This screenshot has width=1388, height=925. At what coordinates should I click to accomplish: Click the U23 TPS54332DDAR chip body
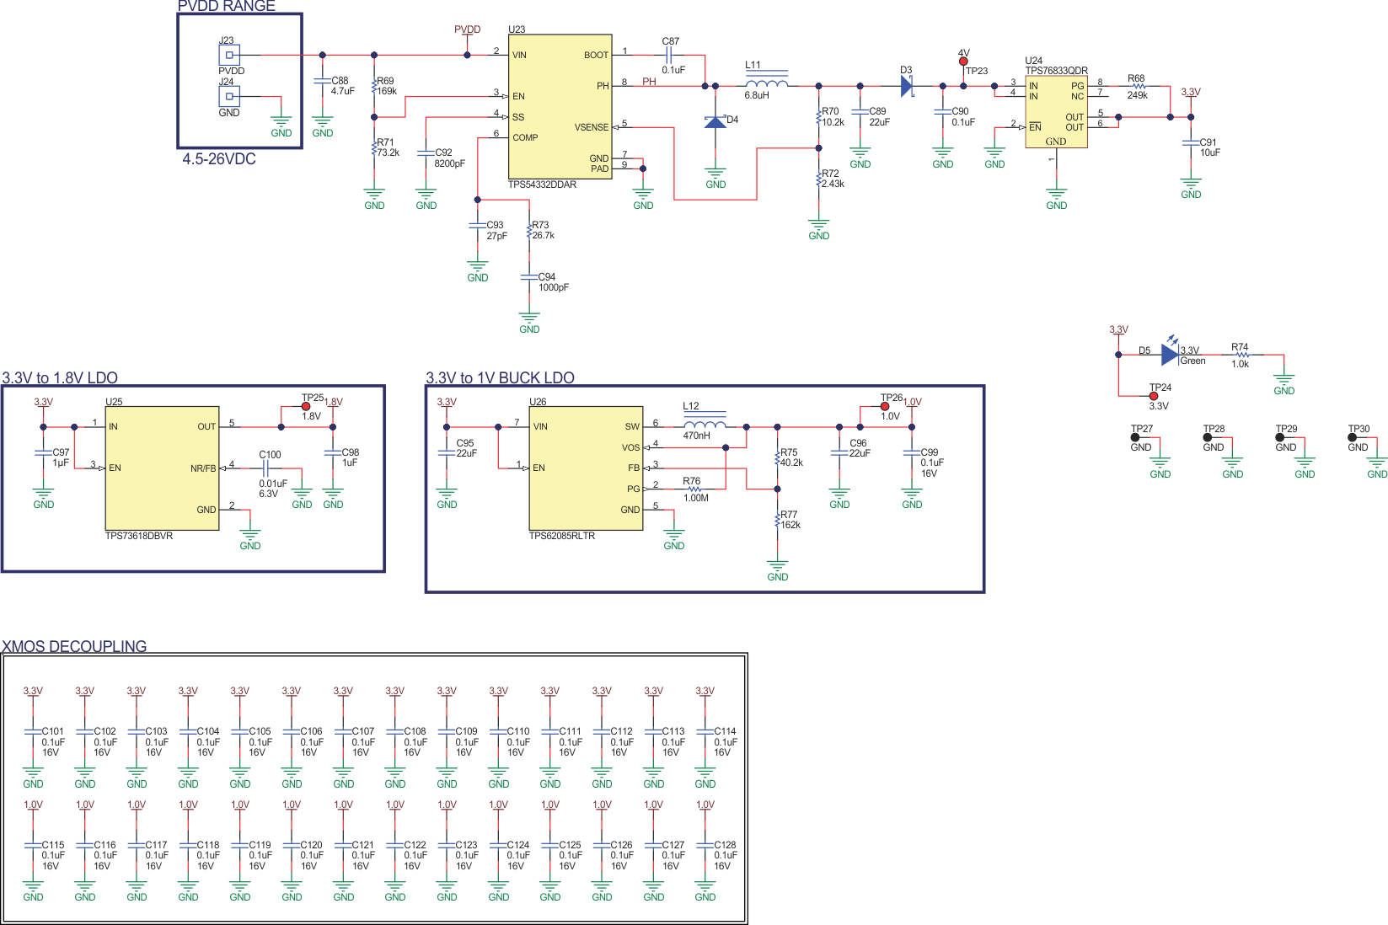[560, 105]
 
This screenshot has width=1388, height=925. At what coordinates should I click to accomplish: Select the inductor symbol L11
[766, 83]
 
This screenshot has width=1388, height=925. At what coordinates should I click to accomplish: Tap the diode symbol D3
[907, 86]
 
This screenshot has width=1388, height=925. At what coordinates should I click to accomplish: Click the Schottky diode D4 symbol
[715, 122]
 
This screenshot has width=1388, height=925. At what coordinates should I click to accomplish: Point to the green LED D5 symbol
[1170, 355]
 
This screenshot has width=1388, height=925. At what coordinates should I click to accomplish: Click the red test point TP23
[963, 61]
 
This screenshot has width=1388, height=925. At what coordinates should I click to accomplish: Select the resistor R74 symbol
[1241, 355]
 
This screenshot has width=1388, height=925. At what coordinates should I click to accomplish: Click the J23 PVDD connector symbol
[229, 55]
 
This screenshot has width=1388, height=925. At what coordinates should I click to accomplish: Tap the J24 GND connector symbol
[229, 96]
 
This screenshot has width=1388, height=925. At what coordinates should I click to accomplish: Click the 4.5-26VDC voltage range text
[219, 159]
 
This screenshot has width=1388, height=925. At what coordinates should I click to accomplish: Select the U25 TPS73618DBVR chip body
[162, 468]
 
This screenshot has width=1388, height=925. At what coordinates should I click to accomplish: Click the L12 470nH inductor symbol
[705, 425]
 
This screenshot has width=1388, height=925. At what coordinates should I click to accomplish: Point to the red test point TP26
[885, 407]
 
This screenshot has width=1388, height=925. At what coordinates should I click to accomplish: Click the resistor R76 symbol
[694, 489]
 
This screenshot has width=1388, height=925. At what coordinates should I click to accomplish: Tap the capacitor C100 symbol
[270, 468]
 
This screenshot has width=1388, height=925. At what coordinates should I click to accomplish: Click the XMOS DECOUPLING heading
[74, 646]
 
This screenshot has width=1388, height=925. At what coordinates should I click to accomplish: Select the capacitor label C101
[53, 731]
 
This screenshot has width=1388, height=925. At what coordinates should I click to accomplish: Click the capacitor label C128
[725, 844]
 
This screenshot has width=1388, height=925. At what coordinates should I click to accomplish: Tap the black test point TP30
[1352, 437]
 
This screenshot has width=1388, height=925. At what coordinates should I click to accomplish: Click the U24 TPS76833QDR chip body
[1055, 112]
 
